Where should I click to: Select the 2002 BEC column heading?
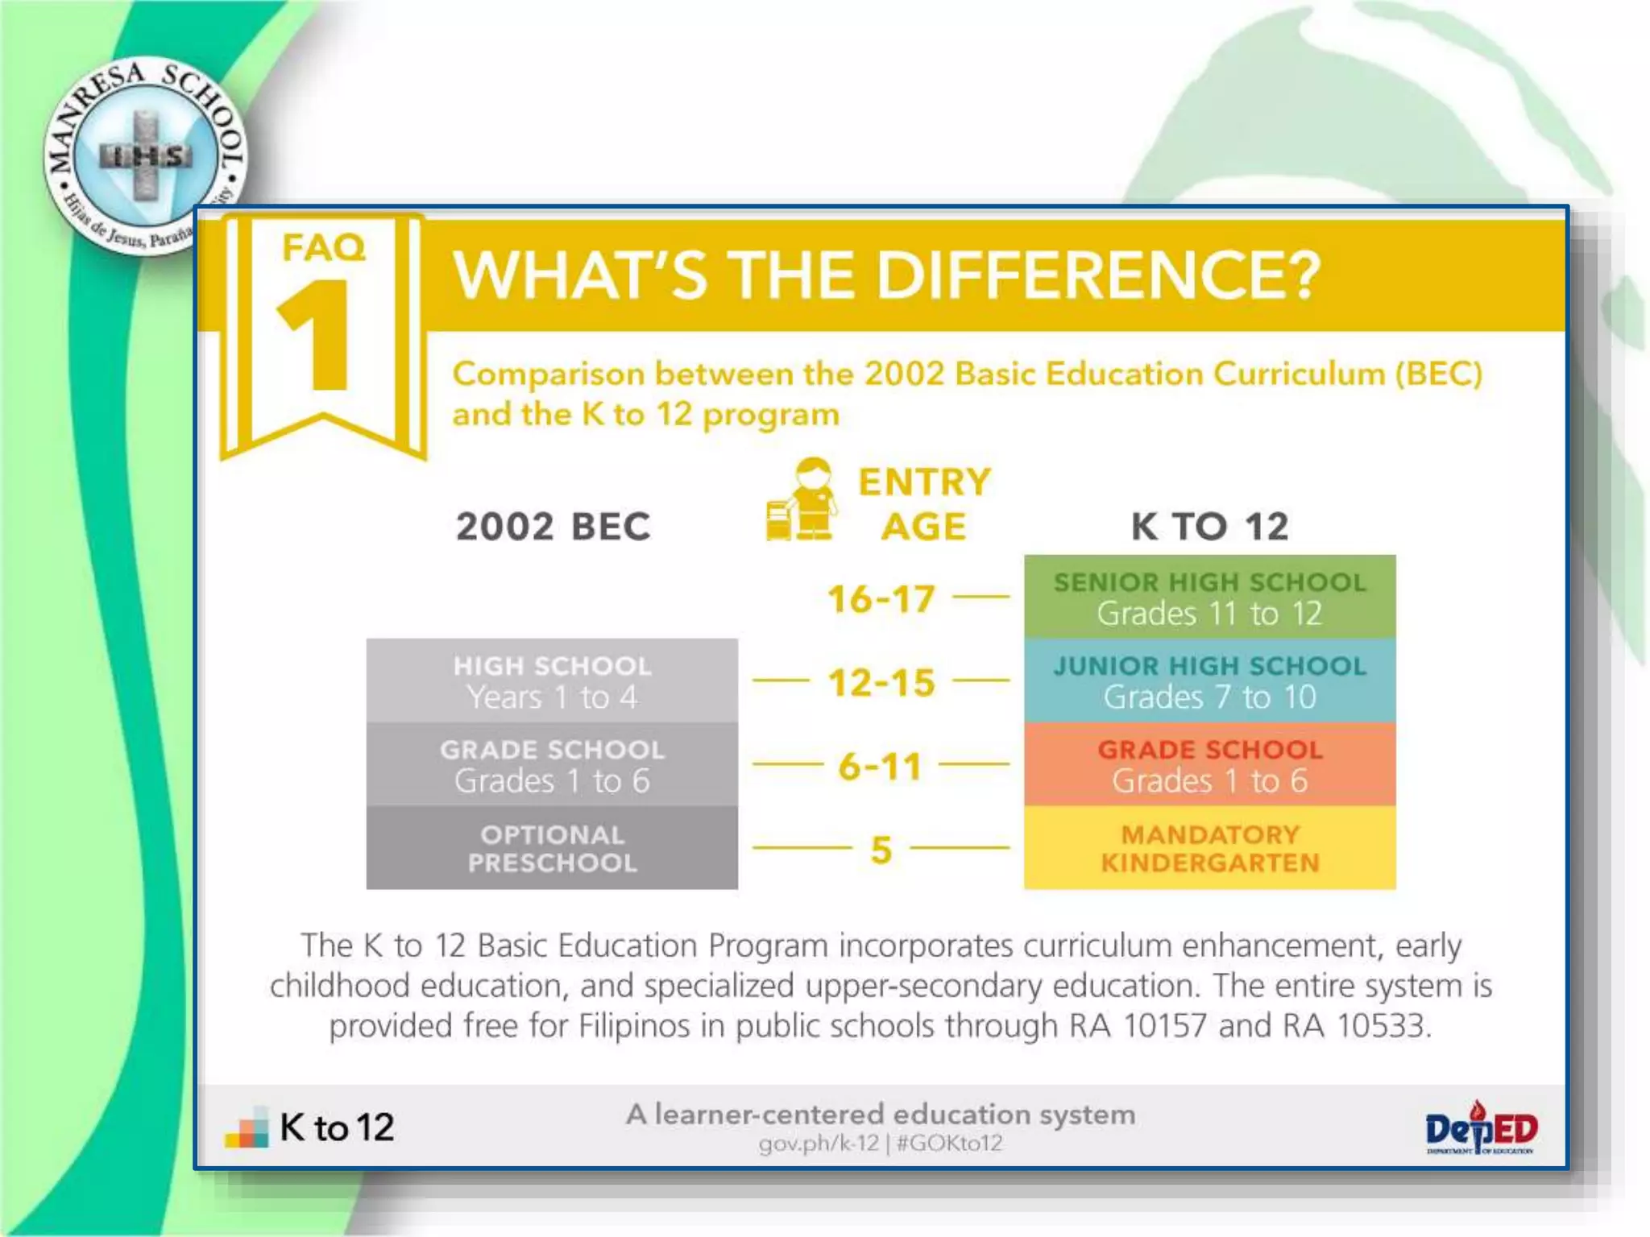pos(553,527)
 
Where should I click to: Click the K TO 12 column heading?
pos(1209,527)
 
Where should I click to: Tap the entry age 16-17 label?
pos(881,599)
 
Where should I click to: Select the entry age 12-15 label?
pos(881,683)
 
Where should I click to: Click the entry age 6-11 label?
pos(880,767)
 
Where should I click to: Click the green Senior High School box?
pos(1209,597)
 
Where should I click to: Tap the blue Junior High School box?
pos(1209,681)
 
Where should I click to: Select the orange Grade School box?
pos(1209,764)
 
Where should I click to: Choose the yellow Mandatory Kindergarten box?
pos(1209,848)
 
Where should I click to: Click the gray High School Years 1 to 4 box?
pos(552,681)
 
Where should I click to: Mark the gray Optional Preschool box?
pos(552,848)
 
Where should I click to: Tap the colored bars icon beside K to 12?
pos(247,1127)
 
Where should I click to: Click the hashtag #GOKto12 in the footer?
pos(949,1144)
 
